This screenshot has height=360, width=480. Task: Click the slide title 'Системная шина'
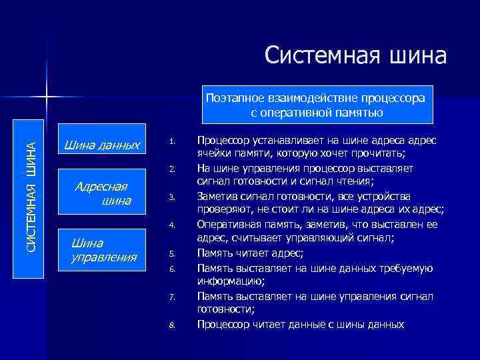coord(355,55)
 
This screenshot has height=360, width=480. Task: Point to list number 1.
coord(171,141)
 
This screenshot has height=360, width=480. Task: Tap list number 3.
coord(171,197)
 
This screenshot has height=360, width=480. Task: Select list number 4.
coord(171,225)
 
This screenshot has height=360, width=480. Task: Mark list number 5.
coord(171,253)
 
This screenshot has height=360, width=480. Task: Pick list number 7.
coord(171,297)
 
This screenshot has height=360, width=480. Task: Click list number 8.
coord(171,325)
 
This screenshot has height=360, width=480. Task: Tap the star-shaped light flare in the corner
coord(47,99)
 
